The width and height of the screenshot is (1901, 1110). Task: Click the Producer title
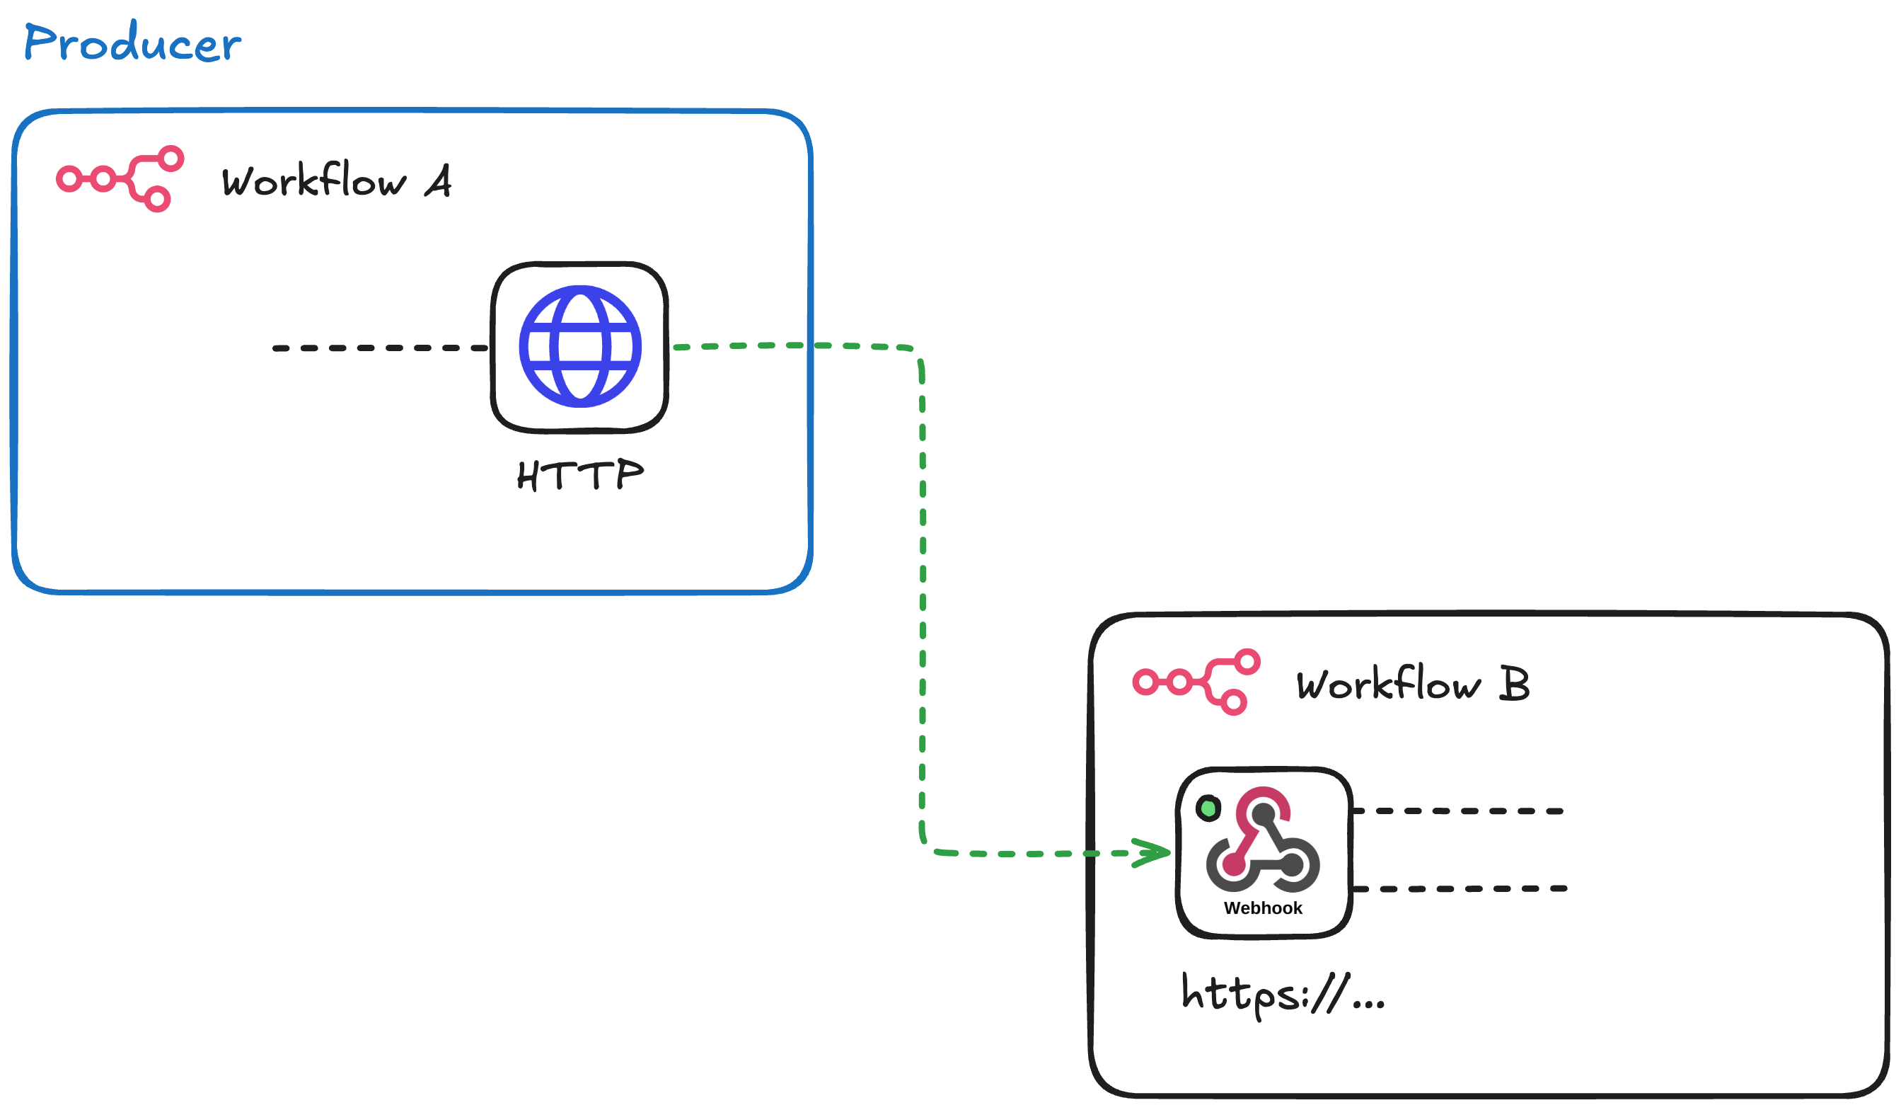(133, 42)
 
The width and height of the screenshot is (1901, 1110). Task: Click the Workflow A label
(335, 181)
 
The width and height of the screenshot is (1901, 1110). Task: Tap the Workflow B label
(1412, 685)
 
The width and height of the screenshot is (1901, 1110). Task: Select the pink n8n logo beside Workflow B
(1196, 682)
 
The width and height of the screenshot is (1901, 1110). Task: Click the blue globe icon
(580, 346)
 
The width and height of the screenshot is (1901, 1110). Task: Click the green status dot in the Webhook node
(1208, 809)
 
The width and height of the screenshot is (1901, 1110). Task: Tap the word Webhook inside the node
(1263, 908)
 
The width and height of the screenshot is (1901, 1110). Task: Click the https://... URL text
(1283, 994)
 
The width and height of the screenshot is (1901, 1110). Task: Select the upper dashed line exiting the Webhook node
(1457, 811)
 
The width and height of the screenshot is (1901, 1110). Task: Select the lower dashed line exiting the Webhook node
(1460, 889)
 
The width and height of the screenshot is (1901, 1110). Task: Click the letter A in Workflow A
(439, 181)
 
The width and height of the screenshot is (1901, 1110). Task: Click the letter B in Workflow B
(1513, 684)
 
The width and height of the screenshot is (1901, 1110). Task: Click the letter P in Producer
(42, 42)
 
